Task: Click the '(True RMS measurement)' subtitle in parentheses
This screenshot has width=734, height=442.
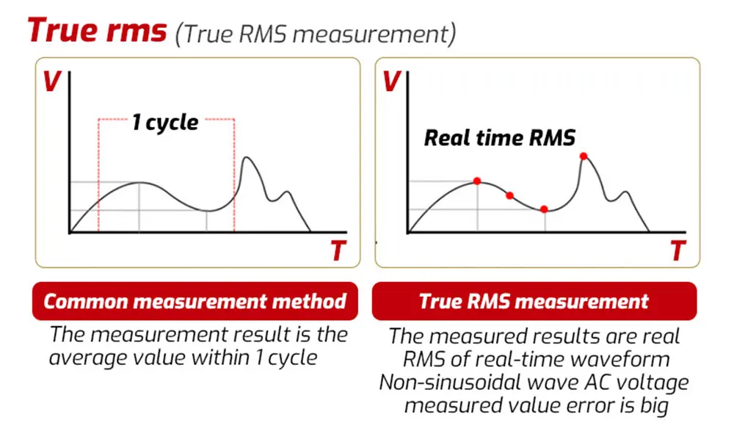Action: (x=316, y=33)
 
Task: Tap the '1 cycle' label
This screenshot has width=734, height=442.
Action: (x=165, y=122)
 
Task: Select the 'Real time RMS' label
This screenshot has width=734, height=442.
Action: (x=500, y=137)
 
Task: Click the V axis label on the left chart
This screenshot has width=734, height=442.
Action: (x=51, y=81)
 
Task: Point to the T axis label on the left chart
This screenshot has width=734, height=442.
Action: (x=337, y=251)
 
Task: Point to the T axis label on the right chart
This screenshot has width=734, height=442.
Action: (x=677, y=251)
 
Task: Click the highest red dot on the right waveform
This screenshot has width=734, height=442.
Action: (x=584, y=156)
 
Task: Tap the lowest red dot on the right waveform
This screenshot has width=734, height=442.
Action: (x=544, y=209)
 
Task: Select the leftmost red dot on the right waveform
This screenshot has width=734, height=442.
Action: (x=477, y=181)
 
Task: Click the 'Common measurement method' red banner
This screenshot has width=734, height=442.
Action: (x=195, y=301)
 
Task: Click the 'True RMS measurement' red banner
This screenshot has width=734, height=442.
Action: (x=534, y=301)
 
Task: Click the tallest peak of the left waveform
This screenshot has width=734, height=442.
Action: (x=248, y=158)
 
